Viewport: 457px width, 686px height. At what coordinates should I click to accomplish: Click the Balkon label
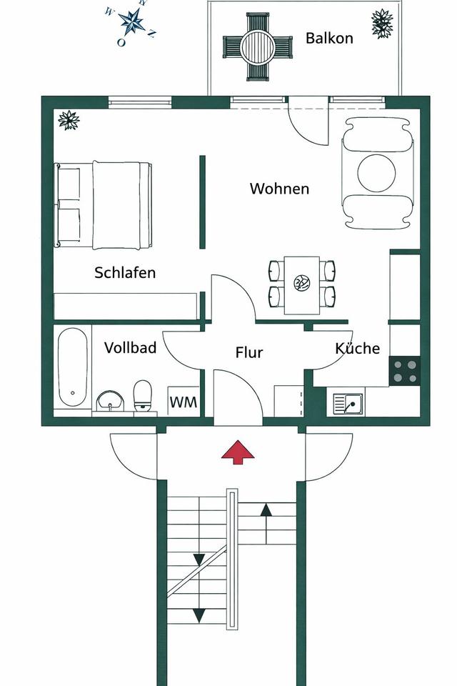(329, 38)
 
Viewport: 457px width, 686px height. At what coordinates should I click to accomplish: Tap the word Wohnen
(279, 189)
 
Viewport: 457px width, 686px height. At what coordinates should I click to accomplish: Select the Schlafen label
(125, 272)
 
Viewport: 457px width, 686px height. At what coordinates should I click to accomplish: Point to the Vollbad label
(131, 348)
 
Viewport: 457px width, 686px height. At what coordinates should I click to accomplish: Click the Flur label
(249, 352)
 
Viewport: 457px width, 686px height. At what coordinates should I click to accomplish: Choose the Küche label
(357, 348)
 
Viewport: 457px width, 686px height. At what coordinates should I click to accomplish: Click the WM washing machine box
(184, 401)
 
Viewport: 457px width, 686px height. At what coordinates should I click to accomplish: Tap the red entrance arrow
(238, 452)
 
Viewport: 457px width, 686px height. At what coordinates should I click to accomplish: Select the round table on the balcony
(257, 46)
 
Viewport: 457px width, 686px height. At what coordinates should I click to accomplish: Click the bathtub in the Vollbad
(73, 367)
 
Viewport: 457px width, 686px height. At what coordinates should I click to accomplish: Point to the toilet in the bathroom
(142, 395)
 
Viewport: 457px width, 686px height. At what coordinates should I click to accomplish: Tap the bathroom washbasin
(110, 401)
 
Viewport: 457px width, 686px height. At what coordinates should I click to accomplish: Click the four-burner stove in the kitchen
(405, 371)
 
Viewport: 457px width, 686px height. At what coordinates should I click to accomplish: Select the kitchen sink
(348, 404)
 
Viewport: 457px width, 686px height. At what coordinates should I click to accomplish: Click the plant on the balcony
(382, 24)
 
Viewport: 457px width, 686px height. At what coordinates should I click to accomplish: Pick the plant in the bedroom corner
(69, 120)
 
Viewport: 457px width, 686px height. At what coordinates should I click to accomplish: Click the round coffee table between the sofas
(376, 173)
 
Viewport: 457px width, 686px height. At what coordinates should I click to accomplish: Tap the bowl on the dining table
(301, 283)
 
